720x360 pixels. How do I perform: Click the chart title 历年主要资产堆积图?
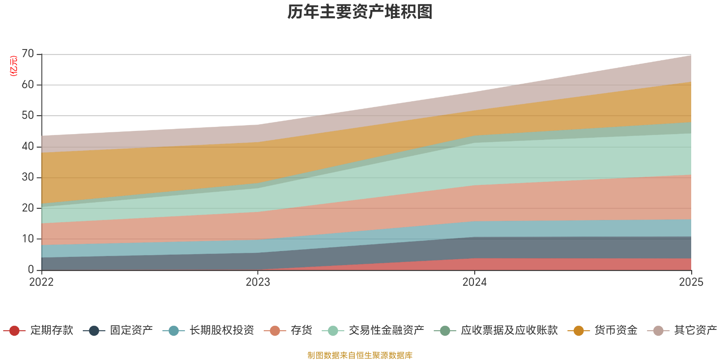(x=360, y=12)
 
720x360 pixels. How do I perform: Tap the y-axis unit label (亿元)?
(x=14, y=66)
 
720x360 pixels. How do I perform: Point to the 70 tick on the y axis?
(x=28, y=54)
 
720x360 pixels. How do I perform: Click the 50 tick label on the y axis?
(x=28, y=116)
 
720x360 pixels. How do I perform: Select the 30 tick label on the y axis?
(x=28, y=177)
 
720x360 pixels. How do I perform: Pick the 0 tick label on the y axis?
(x=31, y=270)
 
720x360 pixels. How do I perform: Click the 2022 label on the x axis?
(x=41, y=282)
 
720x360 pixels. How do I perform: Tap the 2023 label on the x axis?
(x=258, y=282)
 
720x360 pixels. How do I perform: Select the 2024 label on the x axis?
(x=474, y=282)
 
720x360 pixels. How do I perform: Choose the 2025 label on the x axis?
(x=691, y=282)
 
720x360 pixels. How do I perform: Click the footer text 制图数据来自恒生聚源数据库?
(x=360, y=355)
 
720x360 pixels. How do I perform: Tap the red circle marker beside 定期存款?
(x=14, y=331)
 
